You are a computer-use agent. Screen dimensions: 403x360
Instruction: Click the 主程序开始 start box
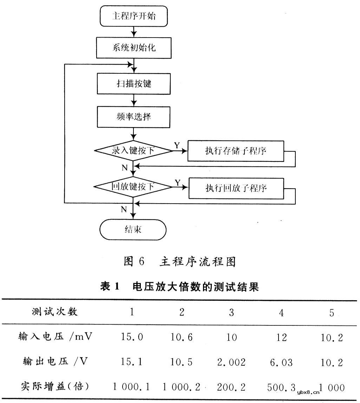(133, 16)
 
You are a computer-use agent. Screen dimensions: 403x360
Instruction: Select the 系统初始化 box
(134, 48)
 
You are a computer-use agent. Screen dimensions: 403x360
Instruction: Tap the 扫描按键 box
(134, 84)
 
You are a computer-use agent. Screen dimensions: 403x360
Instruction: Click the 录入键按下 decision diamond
(133, 151)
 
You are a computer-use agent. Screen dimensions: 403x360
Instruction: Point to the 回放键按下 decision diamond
(133, 187)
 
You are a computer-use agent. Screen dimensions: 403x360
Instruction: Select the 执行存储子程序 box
(236, 151)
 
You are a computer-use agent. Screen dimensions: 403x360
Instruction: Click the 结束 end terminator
(133, 230)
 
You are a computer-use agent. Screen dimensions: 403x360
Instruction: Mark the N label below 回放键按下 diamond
(124, 210)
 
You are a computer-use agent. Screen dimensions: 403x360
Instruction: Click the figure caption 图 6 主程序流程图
(179, 262)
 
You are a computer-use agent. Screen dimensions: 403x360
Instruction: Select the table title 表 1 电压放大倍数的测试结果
(179, 287)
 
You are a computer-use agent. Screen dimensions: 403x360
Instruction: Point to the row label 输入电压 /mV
(55, 337)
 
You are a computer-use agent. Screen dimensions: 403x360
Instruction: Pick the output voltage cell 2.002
(231, 362)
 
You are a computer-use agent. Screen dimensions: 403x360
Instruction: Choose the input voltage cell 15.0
(132, 337)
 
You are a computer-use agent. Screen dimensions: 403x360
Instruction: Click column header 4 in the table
(281, 312)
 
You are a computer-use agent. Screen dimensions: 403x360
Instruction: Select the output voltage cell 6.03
(281, 362)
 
